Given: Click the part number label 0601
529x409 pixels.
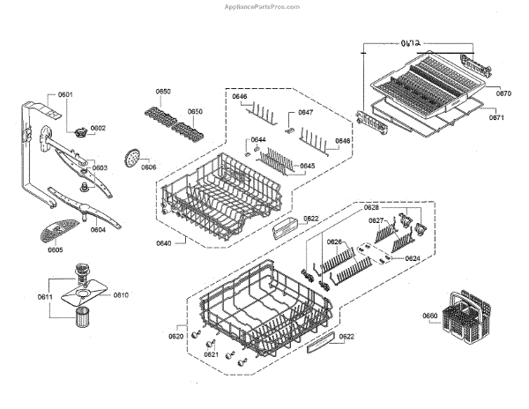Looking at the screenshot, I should pos(65,94).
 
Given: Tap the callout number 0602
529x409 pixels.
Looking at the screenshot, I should pos(97,128).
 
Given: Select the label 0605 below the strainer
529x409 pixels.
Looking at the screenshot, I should pos(55,249).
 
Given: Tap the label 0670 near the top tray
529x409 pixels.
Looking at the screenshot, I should pos(503,93).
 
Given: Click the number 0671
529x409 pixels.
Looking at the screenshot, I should pos(498,117).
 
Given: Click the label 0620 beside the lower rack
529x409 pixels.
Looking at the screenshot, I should pos(175,336).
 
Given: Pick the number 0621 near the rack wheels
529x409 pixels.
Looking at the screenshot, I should pos(211,354).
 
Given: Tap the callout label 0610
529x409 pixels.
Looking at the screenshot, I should pos(121,294).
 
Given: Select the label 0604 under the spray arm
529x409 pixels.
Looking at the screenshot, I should pos(98,230).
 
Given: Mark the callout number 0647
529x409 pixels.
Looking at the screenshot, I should pos(305,113).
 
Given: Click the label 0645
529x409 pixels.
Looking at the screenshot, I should pos(307,166).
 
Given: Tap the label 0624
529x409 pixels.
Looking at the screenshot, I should pos(412,258).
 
